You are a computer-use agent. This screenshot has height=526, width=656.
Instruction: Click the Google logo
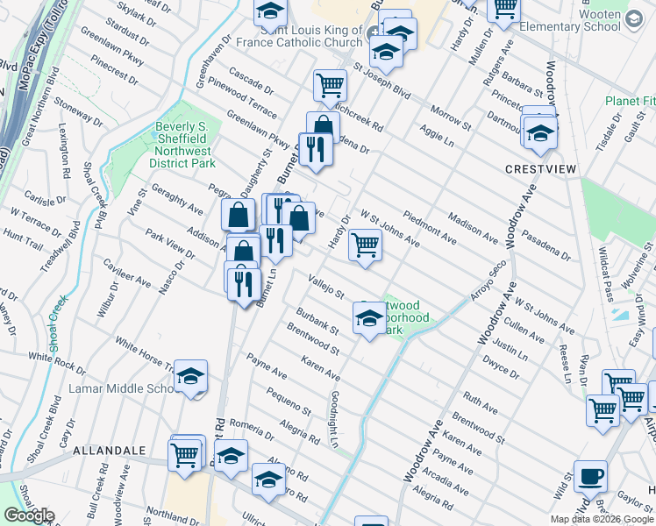click(x=29, y=515)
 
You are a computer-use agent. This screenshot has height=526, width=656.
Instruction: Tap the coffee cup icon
click(x=590, y=477)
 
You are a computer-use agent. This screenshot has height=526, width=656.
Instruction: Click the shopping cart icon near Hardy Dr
click(x=365, y=245)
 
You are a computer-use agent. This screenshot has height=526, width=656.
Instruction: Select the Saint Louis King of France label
click(x=299, y=36)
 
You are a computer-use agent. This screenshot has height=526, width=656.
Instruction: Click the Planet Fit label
click(x=630, y=101)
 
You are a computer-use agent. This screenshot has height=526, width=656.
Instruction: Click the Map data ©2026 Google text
click(x=602, y=519)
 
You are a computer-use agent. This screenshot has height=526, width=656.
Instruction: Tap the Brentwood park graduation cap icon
click(x=369, y=317)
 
